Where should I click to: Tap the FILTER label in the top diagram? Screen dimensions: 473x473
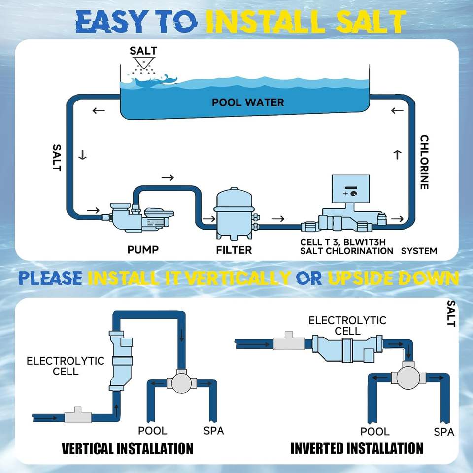(234, 250)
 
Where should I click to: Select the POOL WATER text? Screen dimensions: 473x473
(248, 102)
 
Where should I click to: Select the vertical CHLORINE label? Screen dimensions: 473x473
(424, 162)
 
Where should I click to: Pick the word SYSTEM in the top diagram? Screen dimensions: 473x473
(419, 251)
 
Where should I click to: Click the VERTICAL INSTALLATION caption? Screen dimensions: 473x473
(127, 448)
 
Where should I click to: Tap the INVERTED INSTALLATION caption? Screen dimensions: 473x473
(356, 448)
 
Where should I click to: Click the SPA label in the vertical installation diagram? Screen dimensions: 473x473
(213, 431)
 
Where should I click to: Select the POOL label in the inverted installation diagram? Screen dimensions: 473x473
(375, 432)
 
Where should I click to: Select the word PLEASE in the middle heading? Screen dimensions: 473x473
(50, 278)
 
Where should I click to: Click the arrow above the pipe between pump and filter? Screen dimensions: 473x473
(168, 177)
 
